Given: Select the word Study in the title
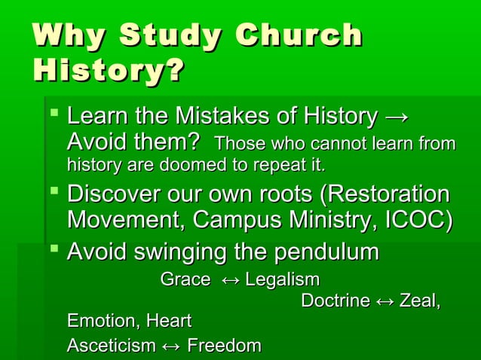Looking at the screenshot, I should point(173,37).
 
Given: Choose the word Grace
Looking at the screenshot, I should point(185,280).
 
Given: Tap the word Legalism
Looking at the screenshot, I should point(283,280).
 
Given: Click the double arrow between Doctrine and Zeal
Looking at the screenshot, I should point(384,301).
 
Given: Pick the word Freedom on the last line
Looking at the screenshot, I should point(224,346).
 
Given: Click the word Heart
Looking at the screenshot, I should point(168,322).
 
